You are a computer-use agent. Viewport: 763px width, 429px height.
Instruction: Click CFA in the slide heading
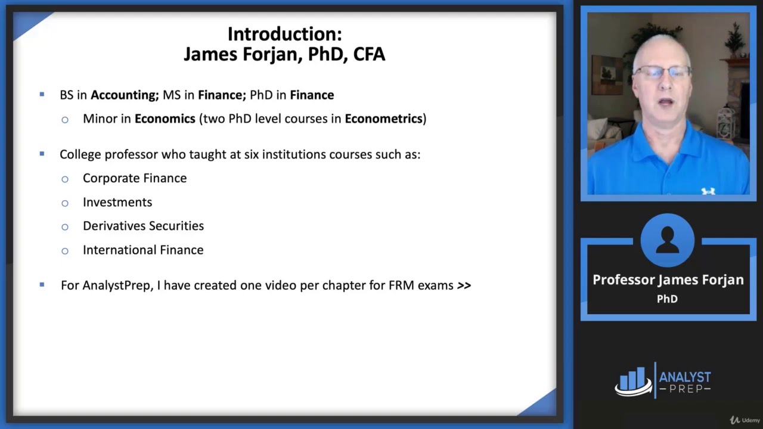tap(369, 54)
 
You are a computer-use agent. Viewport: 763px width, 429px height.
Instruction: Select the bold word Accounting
tap(123, 95)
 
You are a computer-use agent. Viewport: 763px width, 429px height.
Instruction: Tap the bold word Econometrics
tap(383, 119)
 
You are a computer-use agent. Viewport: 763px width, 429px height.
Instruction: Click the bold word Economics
tap(165, 119)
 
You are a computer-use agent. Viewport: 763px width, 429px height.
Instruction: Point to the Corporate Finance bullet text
tap(135, 178)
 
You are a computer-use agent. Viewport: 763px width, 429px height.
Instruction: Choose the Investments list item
tap(117, 202)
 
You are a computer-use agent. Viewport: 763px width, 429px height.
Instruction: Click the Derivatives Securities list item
tap(143, 226)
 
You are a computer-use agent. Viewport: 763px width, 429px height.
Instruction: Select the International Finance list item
tap(143, 250)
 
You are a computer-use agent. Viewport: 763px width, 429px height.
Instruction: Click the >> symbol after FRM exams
tap(464, 285)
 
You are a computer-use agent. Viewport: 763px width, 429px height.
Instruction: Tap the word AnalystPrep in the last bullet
tap(117, 285)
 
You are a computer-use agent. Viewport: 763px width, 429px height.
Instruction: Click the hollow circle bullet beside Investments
tap(65, 203)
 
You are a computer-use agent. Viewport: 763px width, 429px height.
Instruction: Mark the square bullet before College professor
tap(42, 154)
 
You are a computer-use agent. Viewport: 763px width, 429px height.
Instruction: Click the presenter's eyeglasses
tap(662, 72)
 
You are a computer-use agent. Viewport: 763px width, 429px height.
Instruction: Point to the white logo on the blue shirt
tap(708, 191)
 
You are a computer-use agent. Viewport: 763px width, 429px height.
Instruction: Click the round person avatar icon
tap(667, 241)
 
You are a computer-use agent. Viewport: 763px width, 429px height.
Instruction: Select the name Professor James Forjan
tap(668, 280)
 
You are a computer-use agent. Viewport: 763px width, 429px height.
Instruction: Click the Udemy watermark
tap(745, 420)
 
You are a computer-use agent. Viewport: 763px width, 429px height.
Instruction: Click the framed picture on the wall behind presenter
tap(607, 75)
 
